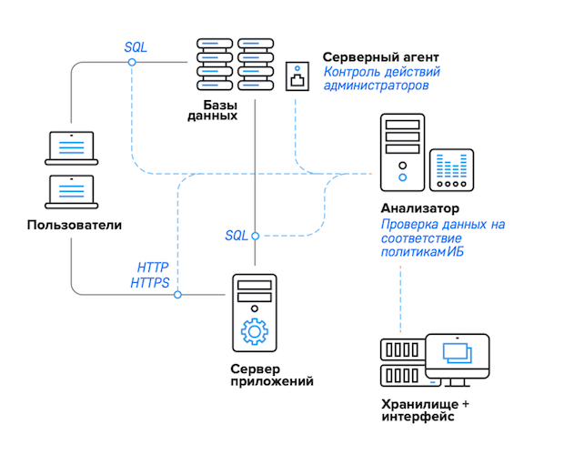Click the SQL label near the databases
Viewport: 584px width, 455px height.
[136, 46]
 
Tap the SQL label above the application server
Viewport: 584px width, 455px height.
[237, 236]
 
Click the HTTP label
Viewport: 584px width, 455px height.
[153, 268]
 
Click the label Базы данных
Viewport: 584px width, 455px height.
[213, 109]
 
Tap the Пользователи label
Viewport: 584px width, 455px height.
[74, 225]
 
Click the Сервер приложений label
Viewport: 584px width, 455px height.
[271, 375]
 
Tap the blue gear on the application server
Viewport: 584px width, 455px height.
[255, 331]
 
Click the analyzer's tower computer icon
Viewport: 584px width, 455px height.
[401, 154]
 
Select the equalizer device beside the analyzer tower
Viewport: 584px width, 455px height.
[451, 170]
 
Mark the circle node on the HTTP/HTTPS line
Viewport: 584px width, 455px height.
[178, 295]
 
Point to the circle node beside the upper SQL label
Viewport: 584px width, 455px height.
[132, 62]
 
